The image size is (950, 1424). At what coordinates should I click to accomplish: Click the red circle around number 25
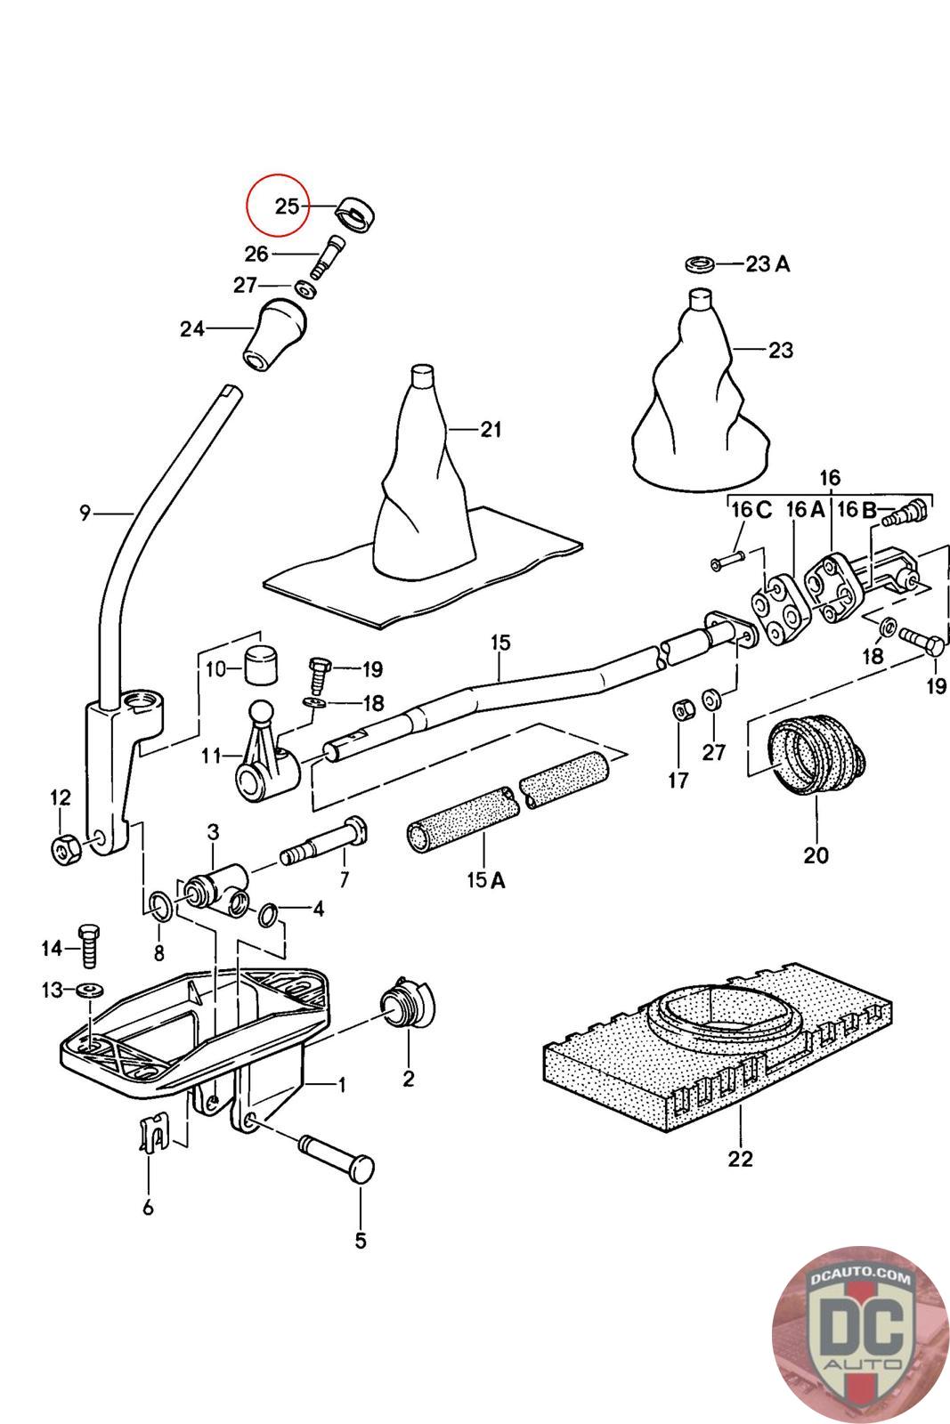277,206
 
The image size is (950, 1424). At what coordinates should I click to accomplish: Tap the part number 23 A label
768,264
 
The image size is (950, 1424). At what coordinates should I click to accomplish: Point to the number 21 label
491,430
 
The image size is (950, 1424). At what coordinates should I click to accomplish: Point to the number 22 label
740,1159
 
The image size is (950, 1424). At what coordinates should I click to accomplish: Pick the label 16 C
751,510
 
